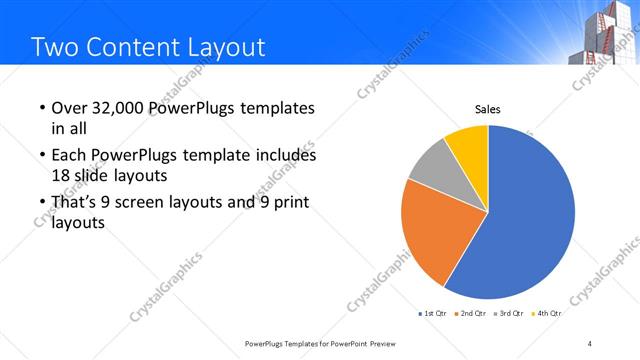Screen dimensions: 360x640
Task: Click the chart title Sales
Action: tap(487, 110)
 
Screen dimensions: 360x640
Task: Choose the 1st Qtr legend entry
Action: tap(432, 314)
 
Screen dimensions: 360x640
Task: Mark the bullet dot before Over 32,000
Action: tap(41, 109)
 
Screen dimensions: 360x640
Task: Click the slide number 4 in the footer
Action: tap(590, 344)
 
